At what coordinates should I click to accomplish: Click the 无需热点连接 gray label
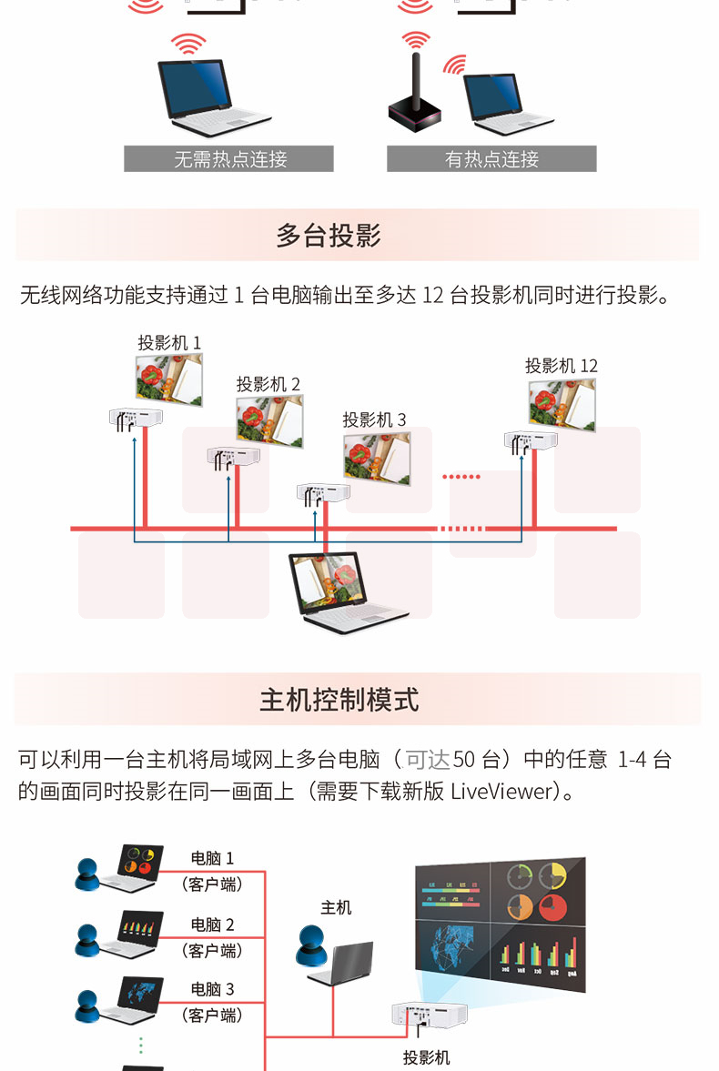[x=228, y=158]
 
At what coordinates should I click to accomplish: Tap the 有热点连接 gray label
[x=491, y=158]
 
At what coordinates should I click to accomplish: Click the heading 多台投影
[x=328, y=235]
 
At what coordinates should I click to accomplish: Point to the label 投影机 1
[x=169, y=342]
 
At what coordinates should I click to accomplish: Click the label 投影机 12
[x=562, y=366]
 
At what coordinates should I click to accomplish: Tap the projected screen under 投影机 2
[x=270, y=420]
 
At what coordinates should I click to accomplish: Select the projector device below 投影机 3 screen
[x=322, y=494]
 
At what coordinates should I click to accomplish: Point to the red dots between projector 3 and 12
[x=461, y=476]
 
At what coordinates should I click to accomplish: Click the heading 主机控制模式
[x=339, y=700]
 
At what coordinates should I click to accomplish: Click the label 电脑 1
[x=212, y=858]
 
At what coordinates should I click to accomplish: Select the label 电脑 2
[x=212, y=924]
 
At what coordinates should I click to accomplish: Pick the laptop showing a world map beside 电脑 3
[x=133, y=999]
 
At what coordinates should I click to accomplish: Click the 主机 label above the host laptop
[x=336, y=907]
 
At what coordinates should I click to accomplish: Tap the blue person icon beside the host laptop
[x=311, y=945]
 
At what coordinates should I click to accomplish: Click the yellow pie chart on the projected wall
[x=552, y=875]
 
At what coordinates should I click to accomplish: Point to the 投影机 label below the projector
[x=427, y=1057]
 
